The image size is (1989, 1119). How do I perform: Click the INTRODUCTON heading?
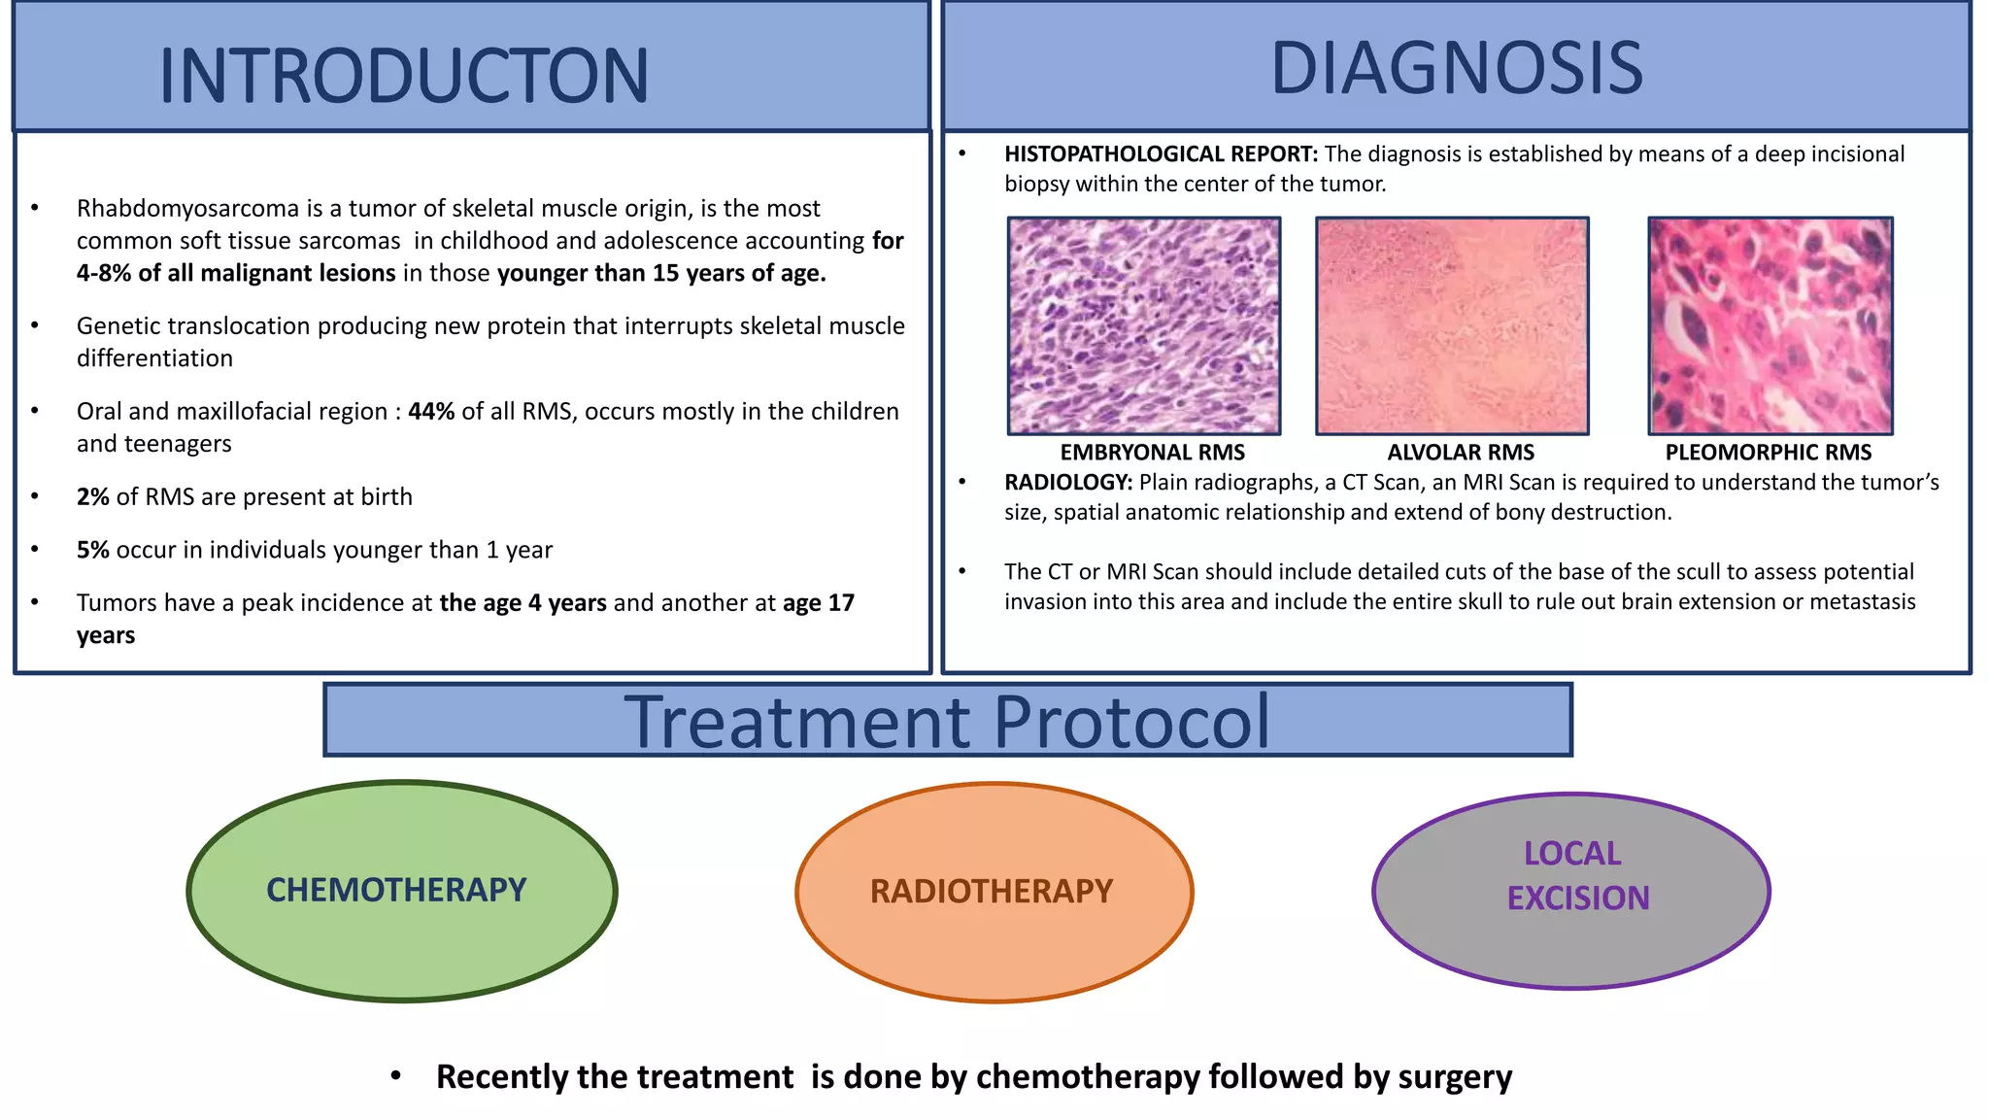(x=404, y=76)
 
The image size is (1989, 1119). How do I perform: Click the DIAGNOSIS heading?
(x=1456, y=68)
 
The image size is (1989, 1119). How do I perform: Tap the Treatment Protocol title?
(x=947, y=721)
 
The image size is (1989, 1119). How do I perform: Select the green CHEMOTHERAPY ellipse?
(x=401, y=891)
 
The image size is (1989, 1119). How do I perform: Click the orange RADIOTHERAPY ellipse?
(x=994, y=892)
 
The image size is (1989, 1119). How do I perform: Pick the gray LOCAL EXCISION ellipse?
(x=1570, y=892)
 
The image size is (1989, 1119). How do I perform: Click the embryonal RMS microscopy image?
(x=1143, y=325)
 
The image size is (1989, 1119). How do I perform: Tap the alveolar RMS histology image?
(x=1452, y=325)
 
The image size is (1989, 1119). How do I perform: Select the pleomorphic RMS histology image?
(x=1770, y=325)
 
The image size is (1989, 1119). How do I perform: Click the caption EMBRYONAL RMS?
(x=1152, y=453)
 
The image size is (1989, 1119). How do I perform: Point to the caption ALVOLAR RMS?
(x=1460, y=453)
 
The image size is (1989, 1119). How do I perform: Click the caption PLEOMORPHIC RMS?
(x=1768, y=453)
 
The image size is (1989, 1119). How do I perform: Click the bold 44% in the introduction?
(x=431, y=412)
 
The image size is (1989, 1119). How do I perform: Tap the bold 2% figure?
(x=92, y=497)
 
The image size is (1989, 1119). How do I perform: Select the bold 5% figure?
(x=92, y=550)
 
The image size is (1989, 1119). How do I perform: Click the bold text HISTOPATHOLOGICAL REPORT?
(x=1161, y=154)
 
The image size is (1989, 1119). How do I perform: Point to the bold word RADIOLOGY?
(x=1067, y=483)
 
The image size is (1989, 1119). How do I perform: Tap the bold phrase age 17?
(x=818, y=603)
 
